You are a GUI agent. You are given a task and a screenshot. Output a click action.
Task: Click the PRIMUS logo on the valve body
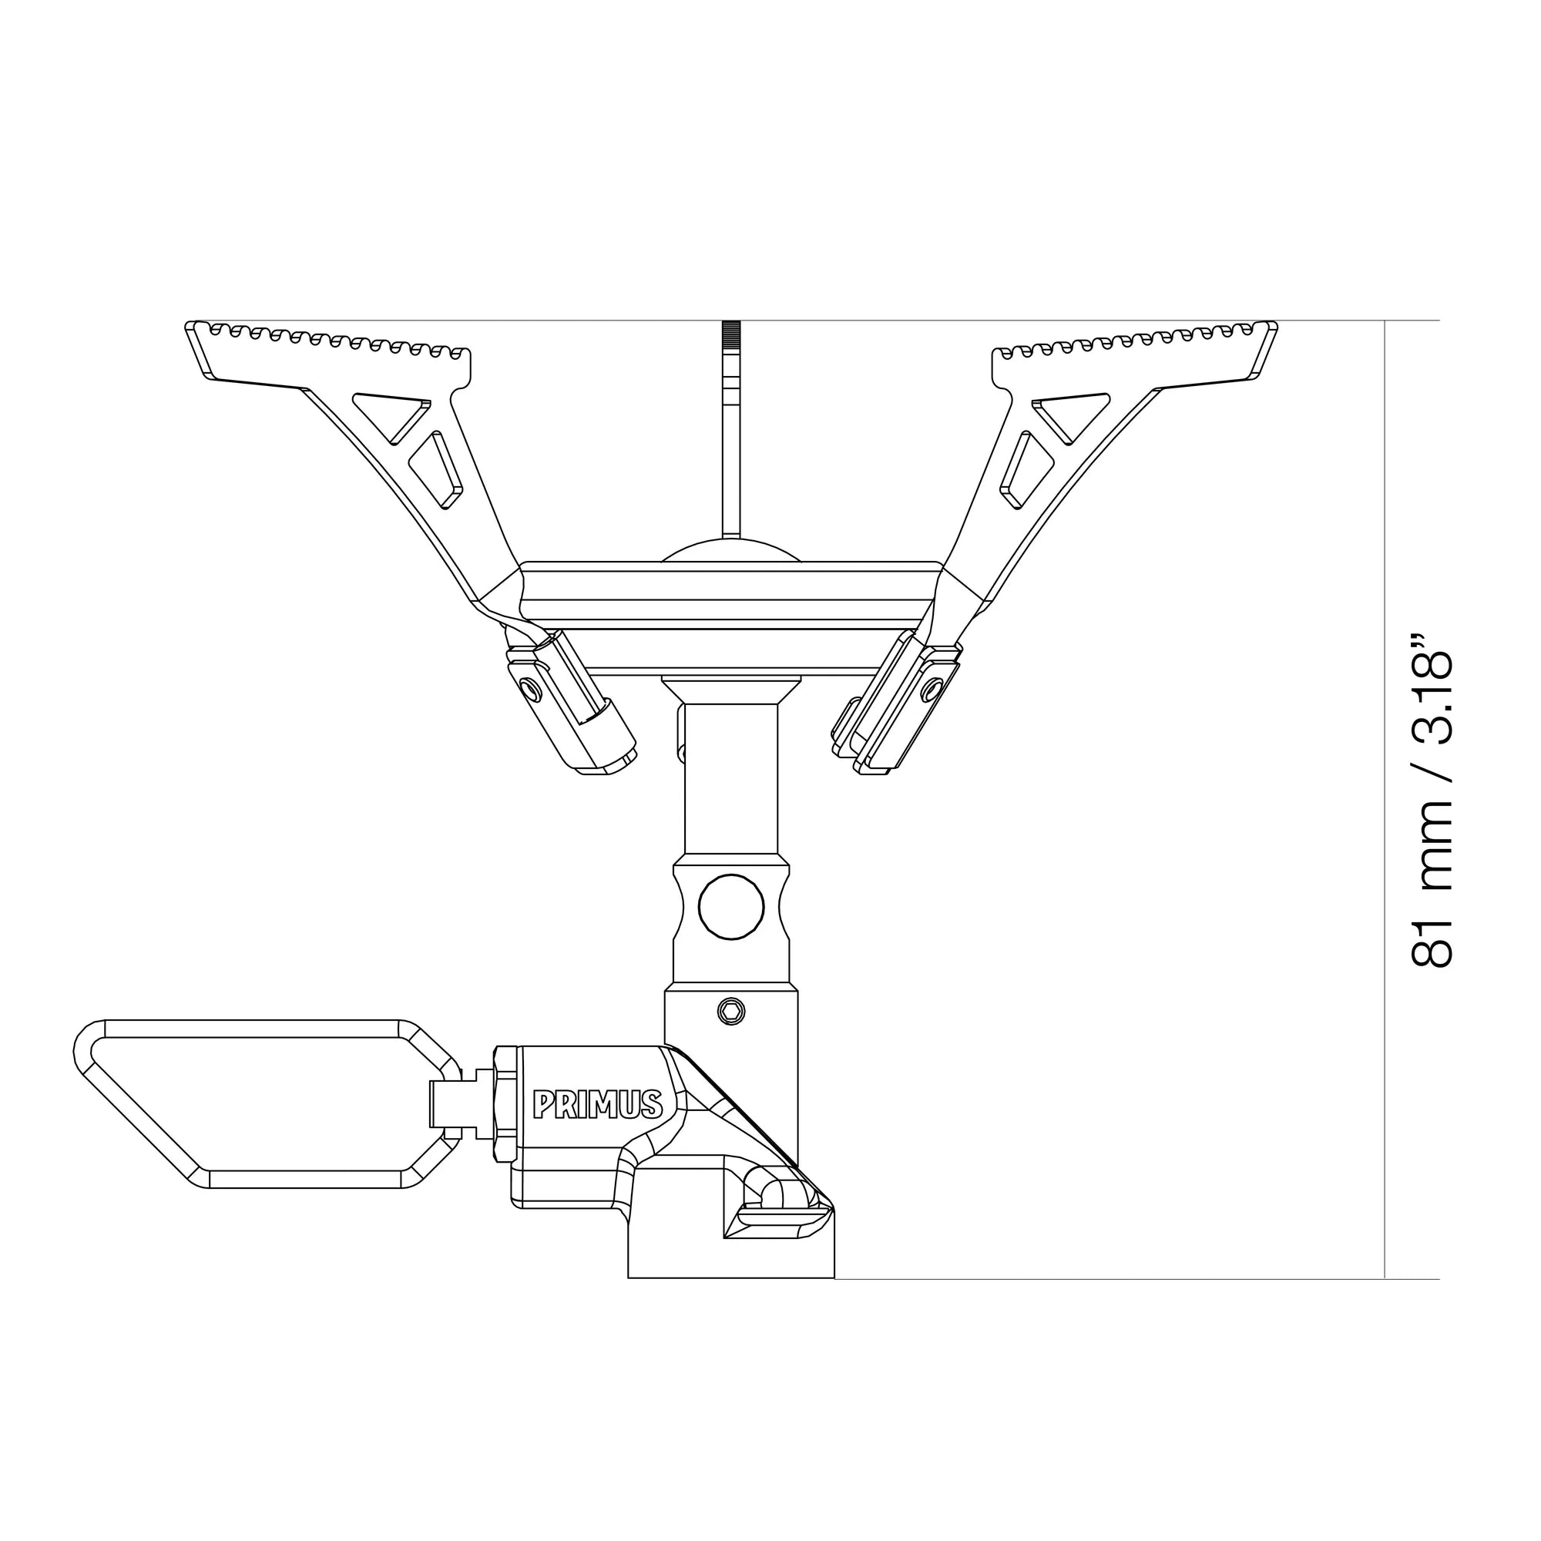(x=597, y=1105)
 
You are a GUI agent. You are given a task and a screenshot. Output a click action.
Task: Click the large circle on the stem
(x=730, y=907)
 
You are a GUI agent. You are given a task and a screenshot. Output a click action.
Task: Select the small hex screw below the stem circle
(x=730, y=1012)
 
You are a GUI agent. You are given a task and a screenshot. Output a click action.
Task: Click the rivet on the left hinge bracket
(x=526, y=687)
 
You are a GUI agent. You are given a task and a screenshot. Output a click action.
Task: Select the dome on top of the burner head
(x=730, y=550)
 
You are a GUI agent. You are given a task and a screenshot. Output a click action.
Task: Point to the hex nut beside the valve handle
(x=504, y=1104)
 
